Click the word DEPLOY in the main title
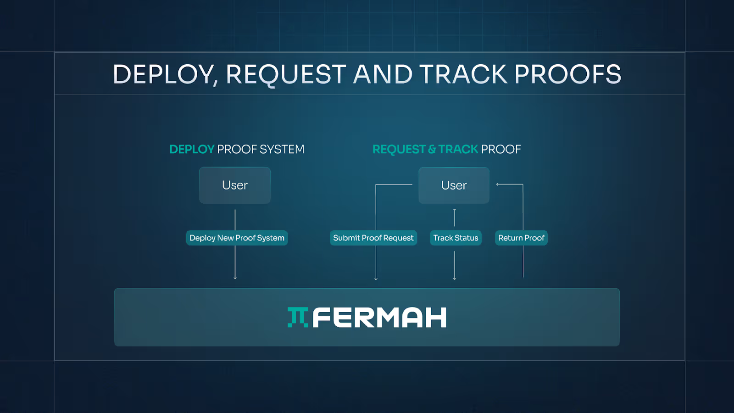[x=163, y=74]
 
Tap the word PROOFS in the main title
[x=567, y=74]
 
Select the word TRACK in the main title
[x=463, y=74]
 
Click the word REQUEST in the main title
[x=286, y=74]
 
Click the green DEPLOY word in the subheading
[x=192, y=150]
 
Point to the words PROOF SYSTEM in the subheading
[x=261, y=150]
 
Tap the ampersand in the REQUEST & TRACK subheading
[x=432, y=150]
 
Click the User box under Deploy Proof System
[x=235, y=185]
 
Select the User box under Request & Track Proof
[x=454, y=185]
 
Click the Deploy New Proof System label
[x=237, y=238]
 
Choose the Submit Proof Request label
[x=373, y=238]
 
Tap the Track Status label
[x=456, y=238]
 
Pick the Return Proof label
[x=521, y=238]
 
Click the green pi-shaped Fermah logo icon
[x=298, y=317]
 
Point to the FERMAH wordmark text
[x=379, y=318]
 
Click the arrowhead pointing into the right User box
[x=498, y=184]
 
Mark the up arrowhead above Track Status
[x=455, y=210]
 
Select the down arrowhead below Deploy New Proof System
[x=235, y=278]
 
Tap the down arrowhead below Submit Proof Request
[x=376, y=278]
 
